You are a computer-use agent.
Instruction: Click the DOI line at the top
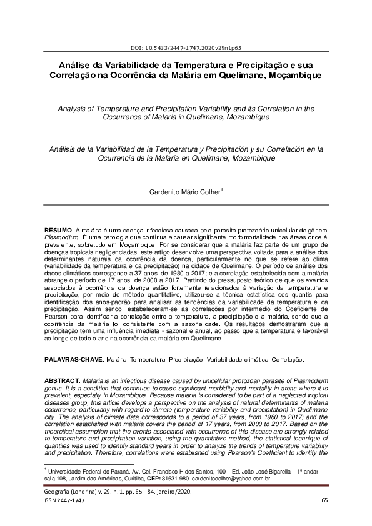pyautogui.click(x=186, y=47)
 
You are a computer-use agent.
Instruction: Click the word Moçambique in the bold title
pyautogui.click(x=290, y=75)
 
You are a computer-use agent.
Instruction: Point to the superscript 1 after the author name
pyautogui.click(x=222, y=191)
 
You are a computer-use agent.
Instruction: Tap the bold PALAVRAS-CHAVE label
pyautogui.click(x=73, y=361)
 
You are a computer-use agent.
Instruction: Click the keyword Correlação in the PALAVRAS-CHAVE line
pyautogui.click(x=288, y=361)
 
